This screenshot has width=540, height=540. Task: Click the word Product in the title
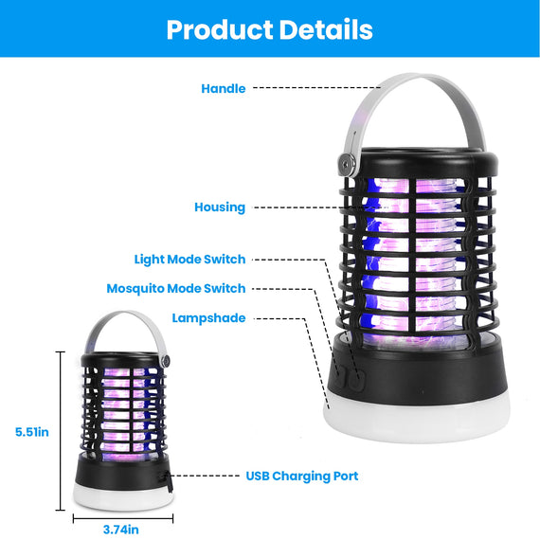click(220, 30)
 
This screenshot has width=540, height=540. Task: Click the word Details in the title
click(326, 29)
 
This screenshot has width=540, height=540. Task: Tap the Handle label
click(224, 88)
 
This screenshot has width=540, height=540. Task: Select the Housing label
click(220, 207)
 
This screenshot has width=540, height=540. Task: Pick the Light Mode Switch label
click(189, 260)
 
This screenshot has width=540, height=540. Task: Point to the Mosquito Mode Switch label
click(176, 289)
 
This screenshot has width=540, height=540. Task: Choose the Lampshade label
click(208, 318)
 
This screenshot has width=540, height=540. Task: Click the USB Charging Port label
click(302, 476)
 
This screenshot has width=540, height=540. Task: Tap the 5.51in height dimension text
click(32, 432)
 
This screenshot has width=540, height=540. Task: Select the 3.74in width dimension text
click(121, 530)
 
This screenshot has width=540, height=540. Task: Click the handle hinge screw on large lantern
click(347, 163)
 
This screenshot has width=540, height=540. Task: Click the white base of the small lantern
click(123, 496)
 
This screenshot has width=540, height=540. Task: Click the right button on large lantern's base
click(358, 379)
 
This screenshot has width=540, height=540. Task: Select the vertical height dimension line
click(61, 431)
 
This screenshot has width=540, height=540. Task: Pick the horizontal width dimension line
click(123, 518)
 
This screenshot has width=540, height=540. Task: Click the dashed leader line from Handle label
click(316, 88)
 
